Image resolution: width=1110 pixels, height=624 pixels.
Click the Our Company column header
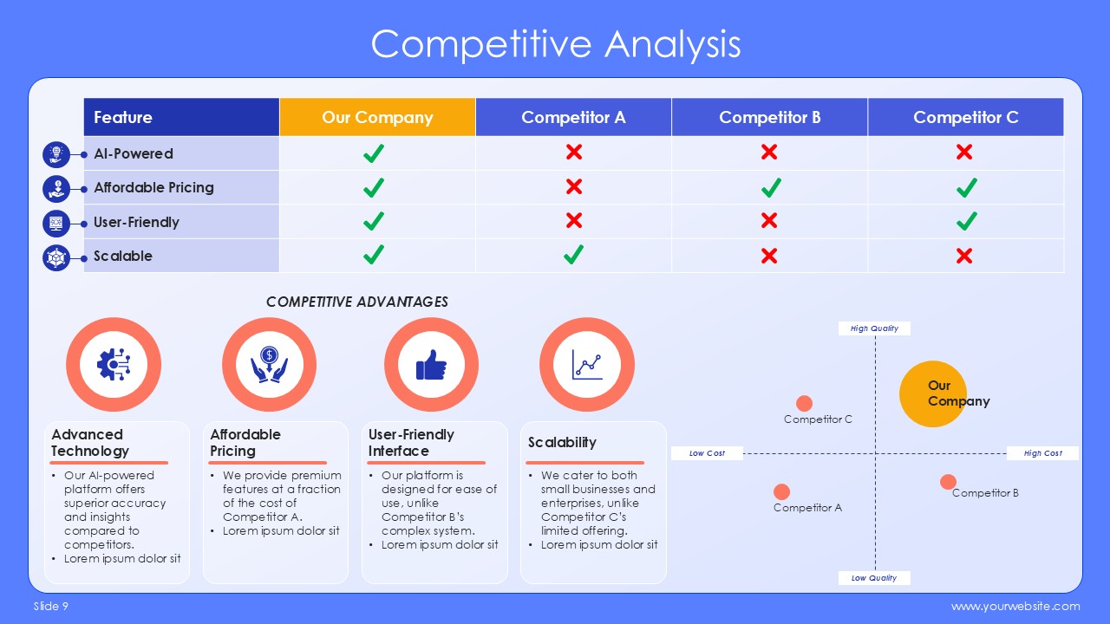click(377, 117)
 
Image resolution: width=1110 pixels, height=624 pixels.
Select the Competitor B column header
click(769, 117)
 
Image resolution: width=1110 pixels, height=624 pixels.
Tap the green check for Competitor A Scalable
click(573, 255)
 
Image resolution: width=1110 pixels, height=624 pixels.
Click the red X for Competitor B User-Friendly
click(769, 220)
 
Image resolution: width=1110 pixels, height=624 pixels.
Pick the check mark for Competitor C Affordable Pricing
click(967, 188)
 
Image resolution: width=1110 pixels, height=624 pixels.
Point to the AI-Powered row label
click(134, 153)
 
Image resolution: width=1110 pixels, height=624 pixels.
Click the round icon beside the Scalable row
click(56, 258)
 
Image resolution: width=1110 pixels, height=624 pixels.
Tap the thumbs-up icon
click(431, 365)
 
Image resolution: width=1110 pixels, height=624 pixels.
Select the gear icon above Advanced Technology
click(114, 365)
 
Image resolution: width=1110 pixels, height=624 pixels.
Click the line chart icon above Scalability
click(587, 365)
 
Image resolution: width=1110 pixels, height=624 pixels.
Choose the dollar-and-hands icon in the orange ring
click(269, 365)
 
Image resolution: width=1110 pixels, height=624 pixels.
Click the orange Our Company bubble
click(932, 393)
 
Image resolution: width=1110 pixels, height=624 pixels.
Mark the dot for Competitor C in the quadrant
click(804, 403)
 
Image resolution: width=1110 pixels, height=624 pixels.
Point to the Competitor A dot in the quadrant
click(781, 491)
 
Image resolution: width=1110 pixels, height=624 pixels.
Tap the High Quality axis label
click(874, 328)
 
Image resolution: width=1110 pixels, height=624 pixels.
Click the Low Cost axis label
click(707, 453)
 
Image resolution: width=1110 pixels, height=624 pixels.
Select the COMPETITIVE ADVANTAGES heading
click(356, 302)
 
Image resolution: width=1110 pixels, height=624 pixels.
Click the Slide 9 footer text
click(51, 606)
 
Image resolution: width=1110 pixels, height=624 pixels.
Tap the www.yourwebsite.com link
click(1015, 606)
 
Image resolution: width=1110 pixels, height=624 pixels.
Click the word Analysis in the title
click(672, 44)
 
